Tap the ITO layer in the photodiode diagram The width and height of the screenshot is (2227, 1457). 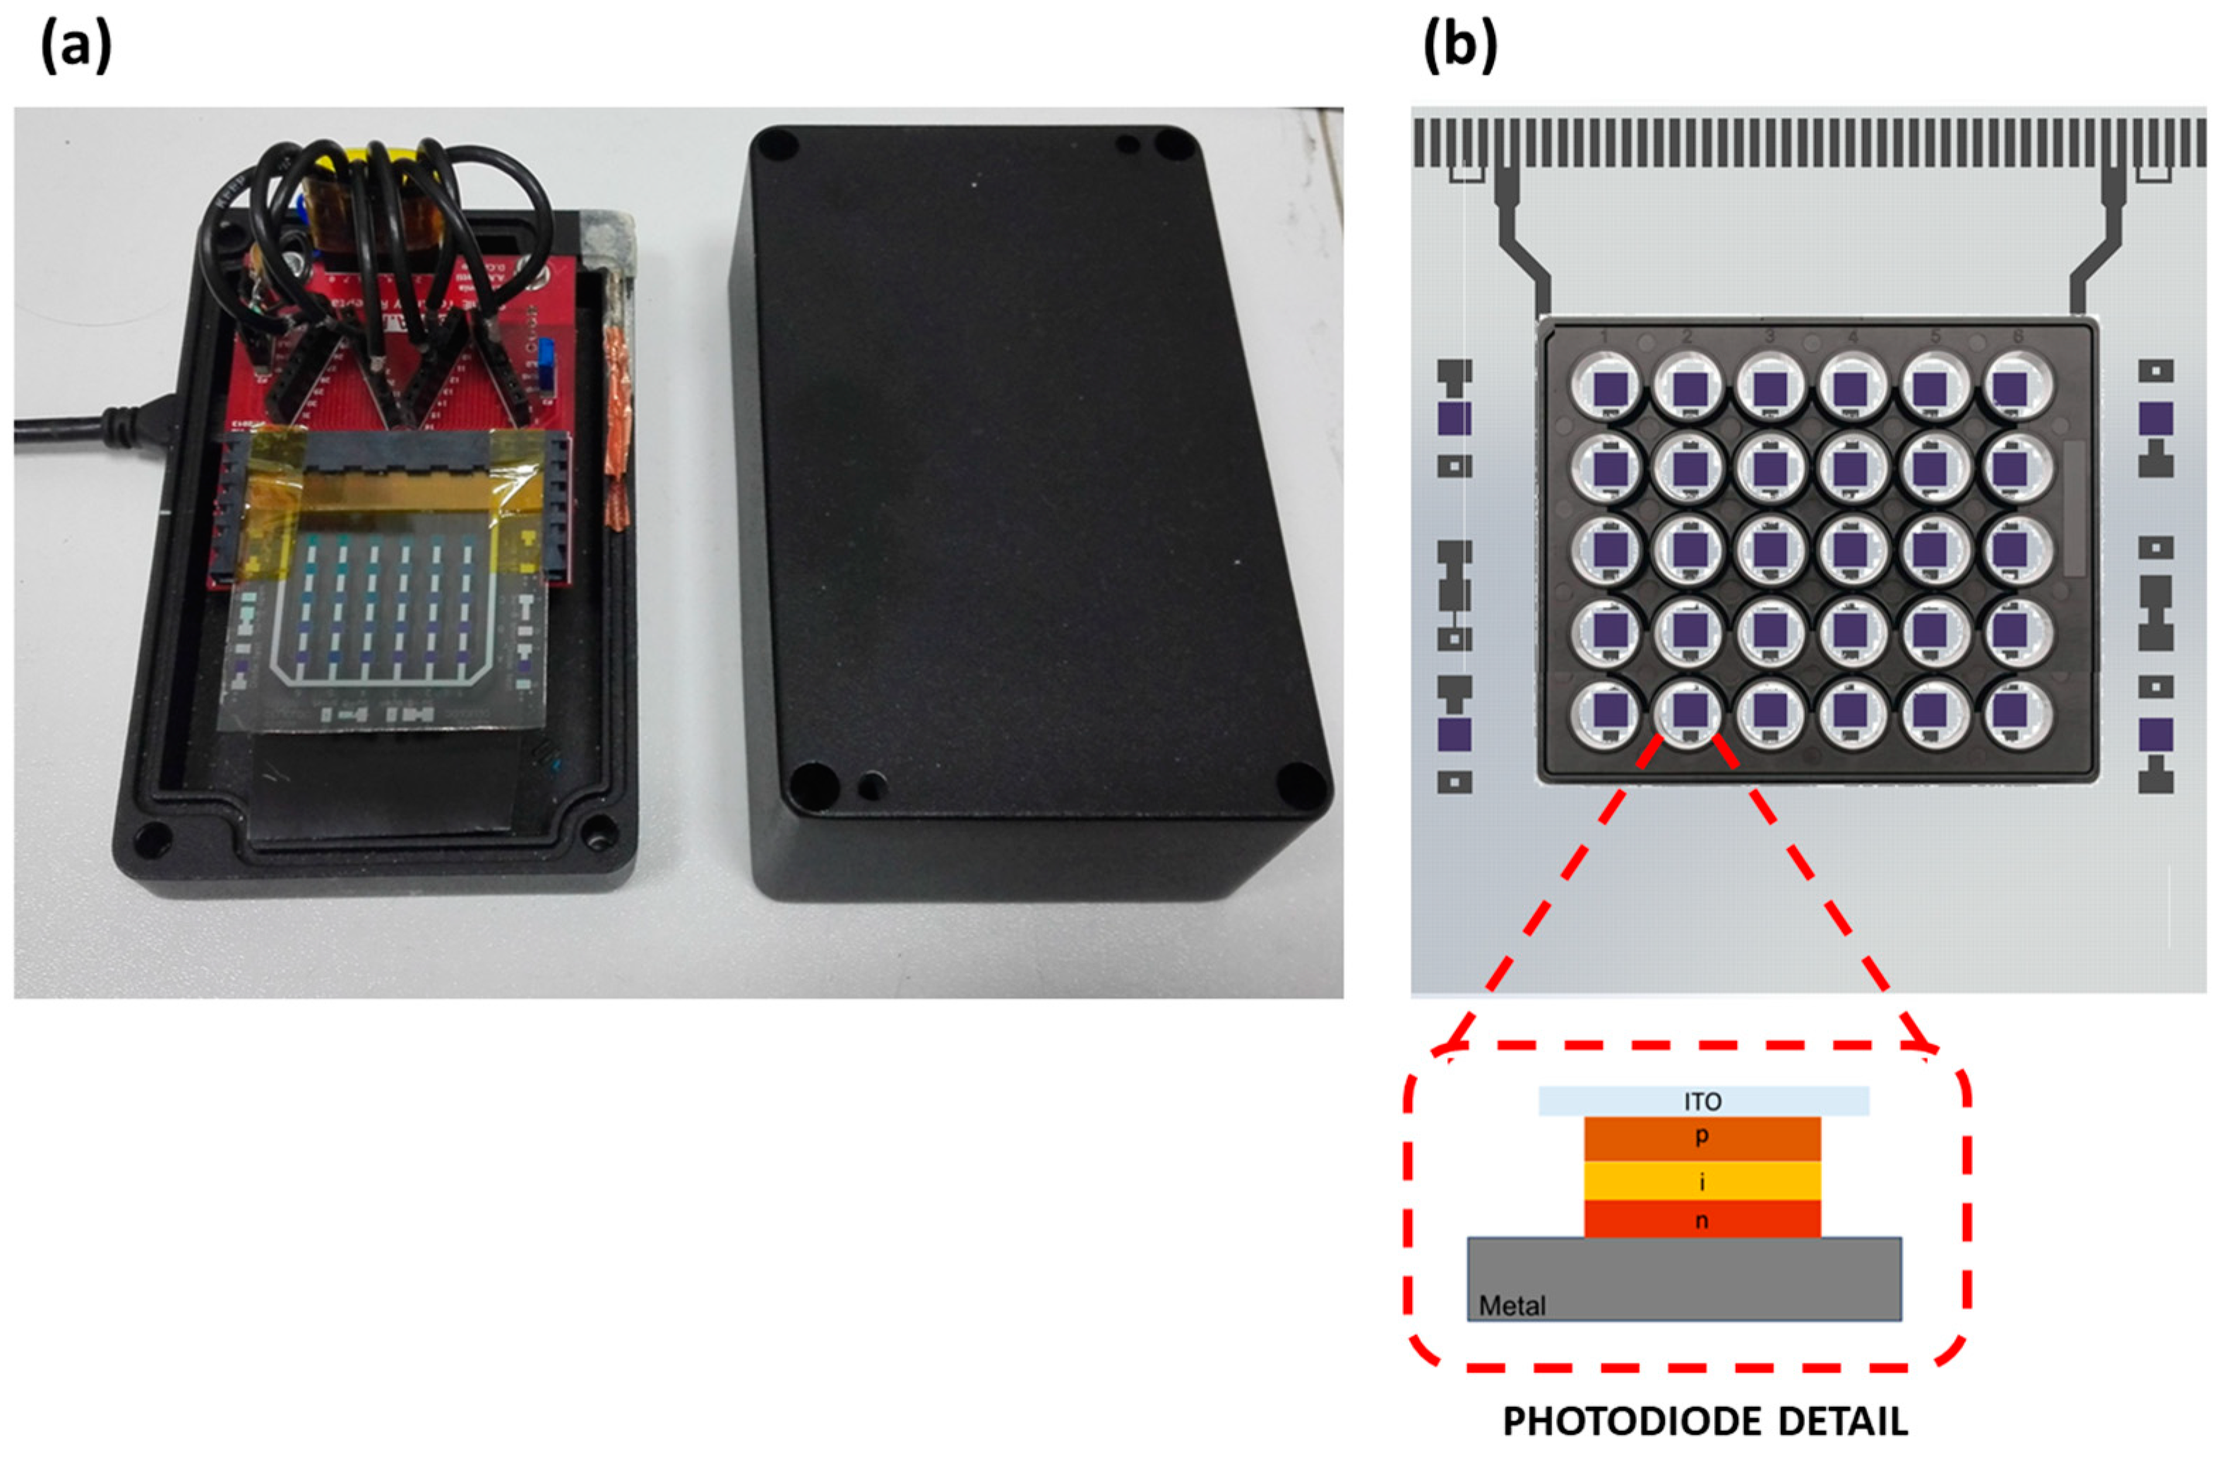tap(1703, 1101)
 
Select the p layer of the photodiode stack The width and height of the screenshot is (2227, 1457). tap(1702, 1138)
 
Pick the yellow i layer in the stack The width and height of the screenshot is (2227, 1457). tap(1702, 1181)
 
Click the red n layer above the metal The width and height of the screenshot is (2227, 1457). tap(1702, 1219)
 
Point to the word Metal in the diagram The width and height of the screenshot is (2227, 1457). tap(1512, 1305)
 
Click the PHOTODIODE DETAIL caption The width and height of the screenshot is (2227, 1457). tap(1705, 1422)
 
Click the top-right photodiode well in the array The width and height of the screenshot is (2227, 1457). tap(2017, 386)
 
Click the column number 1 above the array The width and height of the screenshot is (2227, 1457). tap(1604, 337)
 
